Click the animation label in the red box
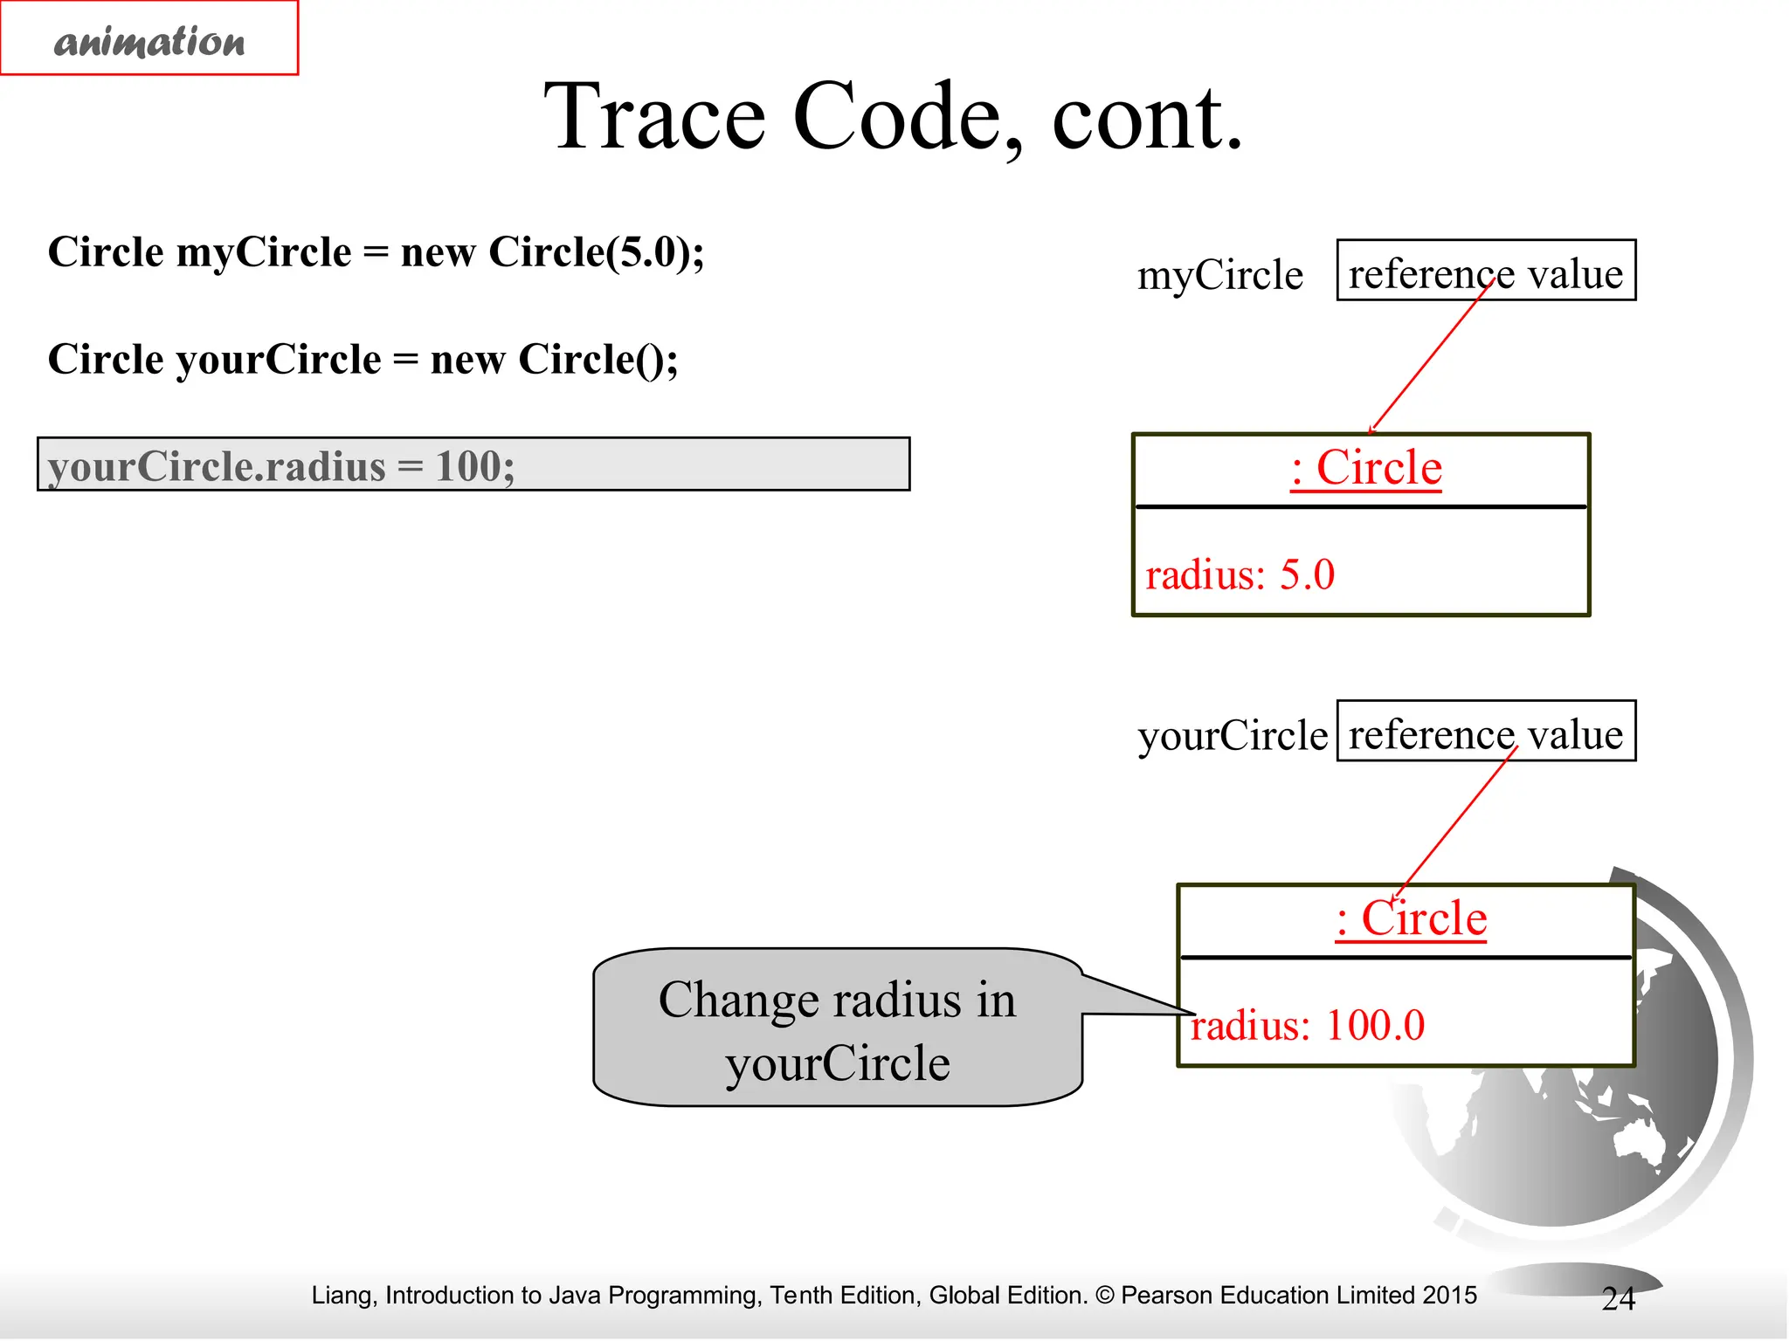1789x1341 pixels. [149, 40]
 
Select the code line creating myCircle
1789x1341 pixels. [376, 252]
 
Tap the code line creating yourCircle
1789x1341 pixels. [363, 359]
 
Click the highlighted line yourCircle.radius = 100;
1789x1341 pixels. [473, 464]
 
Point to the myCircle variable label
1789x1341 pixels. [1219, 275]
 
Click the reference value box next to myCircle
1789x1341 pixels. [1485, 272]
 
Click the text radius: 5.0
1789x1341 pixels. [1240, 574]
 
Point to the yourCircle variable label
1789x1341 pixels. [1232, 735]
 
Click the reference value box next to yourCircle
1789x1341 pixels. [1485, 732]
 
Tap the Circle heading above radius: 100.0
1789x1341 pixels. [1411, 918]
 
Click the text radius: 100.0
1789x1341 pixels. [1307, 1025]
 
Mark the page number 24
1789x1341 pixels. [1618, 1299]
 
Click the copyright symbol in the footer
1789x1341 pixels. [1104, 1296]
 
